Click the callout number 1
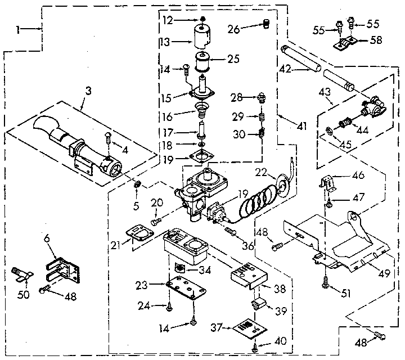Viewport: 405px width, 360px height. coord(19,28)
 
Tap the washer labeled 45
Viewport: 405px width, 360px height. coord(328,133)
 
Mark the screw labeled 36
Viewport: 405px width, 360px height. coord(231,232)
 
